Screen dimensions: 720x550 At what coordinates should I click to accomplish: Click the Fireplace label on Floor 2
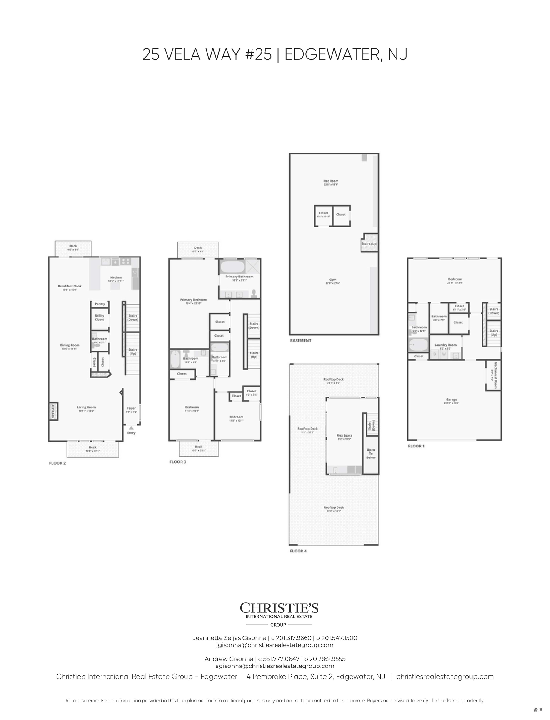pyautogui.click(x=53, y=411)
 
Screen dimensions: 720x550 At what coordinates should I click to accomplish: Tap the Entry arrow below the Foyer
pyautogui.click(x=131, y=427)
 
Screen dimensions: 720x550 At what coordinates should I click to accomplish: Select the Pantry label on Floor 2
pyautogui.click(x=100, y=304)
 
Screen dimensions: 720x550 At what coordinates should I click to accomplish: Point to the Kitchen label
pyautogui.click(x=116, y=277)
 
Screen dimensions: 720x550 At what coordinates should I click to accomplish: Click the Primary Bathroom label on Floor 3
pyautogui.click(x=239, y=277)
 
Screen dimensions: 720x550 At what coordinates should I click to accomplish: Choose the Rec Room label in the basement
pyautogui.click(x=331, y=181)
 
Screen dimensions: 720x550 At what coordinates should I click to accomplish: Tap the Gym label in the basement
pyautogui.click(x=332, y=280)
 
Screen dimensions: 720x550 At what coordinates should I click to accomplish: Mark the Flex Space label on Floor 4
pyautogui.click(x=344, y=436)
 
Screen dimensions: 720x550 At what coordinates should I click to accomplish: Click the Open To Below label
pyautogui.click(x=371, y=453)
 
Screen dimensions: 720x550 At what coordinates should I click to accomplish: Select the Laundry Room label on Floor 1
pyautogui.click(x=445, y=345)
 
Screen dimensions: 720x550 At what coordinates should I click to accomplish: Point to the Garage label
pyautogui.click(x=452, y=399)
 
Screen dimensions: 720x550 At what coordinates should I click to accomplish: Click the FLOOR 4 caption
pyautogui.click(x=298, y=551)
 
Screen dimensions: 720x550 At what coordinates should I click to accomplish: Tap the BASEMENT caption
pyautogui.click(x=301, y=341)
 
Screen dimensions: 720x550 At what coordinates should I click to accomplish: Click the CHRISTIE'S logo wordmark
pyautogui.click(x=279, y=608)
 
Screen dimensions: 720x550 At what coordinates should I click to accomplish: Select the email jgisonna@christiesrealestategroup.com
pyautogui.click(x=275, y=645)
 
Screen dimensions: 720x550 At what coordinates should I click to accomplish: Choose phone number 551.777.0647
pyautogui.click(x=281, y=659)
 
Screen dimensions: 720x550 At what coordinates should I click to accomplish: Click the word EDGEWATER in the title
pyautogui.click(x=332, y=55)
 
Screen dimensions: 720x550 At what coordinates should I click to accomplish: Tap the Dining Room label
pyautogui.click(x=70, y=345)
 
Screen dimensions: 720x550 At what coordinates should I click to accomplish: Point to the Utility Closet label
pyautogui.click(x=99, y=317)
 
